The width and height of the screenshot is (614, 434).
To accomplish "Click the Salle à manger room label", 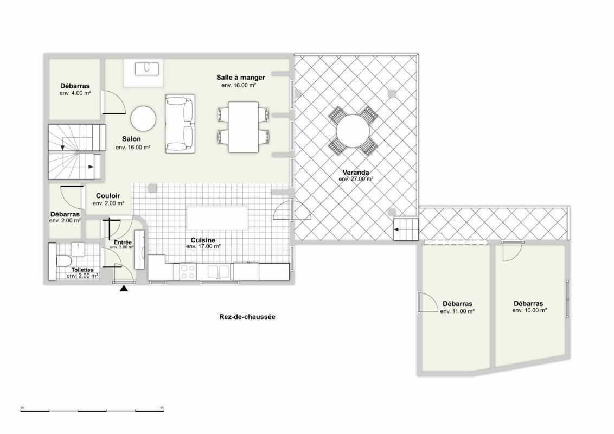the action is (x=240, y=78).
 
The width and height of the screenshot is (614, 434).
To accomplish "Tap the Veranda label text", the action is (x=356, y=173).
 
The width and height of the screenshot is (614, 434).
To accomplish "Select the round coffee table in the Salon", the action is (x=143, y=119).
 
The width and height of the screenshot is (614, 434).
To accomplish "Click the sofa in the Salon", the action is (x=180, y=124).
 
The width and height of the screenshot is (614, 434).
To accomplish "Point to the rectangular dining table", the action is (x=243, y=127).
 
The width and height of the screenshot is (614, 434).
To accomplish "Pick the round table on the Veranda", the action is (x=353, y=131).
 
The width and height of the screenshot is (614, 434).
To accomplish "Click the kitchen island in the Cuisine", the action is (x=218, y=218).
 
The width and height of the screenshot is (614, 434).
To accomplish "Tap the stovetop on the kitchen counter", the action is (x=188, y=272).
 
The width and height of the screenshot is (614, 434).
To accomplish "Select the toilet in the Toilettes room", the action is (x=64, y=260).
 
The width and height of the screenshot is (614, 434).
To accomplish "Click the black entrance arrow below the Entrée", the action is (x=124, y=289).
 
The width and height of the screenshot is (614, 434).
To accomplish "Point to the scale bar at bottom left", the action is (x=92, y=411).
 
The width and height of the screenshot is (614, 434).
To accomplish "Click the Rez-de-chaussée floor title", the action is (x=247, y=317).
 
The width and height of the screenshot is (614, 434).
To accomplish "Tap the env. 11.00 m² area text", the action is (x=457, y=311).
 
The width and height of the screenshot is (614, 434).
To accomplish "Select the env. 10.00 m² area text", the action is (x=529, y=310).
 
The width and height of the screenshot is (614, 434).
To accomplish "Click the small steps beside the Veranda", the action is (x=406, y=229).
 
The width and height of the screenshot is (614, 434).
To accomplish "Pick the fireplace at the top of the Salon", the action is (x=144, y=73).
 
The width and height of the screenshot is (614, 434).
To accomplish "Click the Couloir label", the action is (x=108, y=196).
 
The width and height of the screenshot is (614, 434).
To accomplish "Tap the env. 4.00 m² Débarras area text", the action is (x=75, y=93).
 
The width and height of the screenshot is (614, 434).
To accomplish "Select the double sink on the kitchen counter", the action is (x=218, y=271).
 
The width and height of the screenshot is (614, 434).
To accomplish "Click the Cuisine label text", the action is (x=203, y=240).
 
